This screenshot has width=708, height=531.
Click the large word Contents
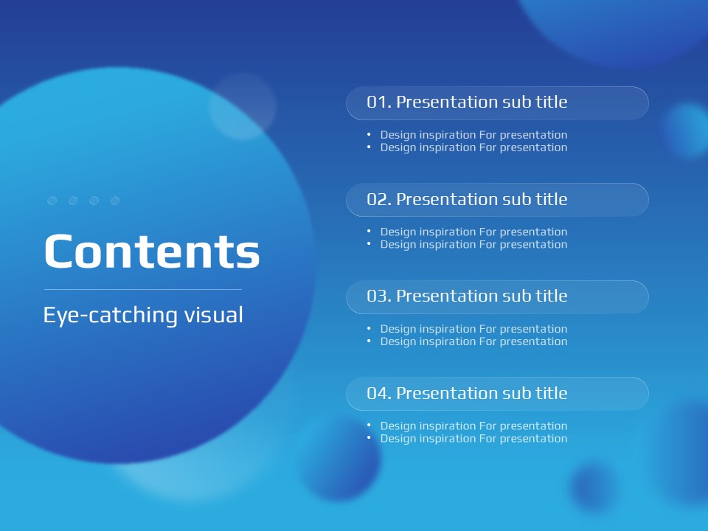point(152,251)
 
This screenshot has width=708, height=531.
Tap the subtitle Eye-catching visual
point(143,315)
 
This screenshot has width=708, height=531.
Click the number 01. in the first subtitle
point(379,102)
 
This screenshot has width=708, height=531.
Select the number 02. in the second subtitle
point(379,199)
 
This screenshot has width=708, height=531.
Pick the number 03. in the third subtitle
point(379,296)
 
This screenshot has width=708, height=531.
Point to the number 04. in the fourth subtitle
point(379,393)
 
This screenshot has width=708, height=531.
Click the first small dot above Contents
point(52,201)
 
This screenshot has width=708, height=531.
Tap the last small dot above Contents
point(115,201)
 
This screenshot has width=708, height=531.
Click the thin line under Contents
point(142,289)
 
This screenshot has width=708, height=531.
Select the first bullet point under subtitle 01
point(369,134)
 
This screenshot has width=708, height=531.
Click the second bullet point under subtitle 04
point(369,437)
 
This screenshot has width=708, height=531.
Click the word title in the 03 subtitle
point(552,296)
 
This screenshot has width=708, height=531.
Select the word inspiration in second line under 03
point(448,341)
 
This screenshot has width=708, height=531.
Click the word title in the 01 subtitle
point(552,102)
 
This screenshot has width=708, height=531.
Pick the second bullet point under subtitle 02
point(369,243)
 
